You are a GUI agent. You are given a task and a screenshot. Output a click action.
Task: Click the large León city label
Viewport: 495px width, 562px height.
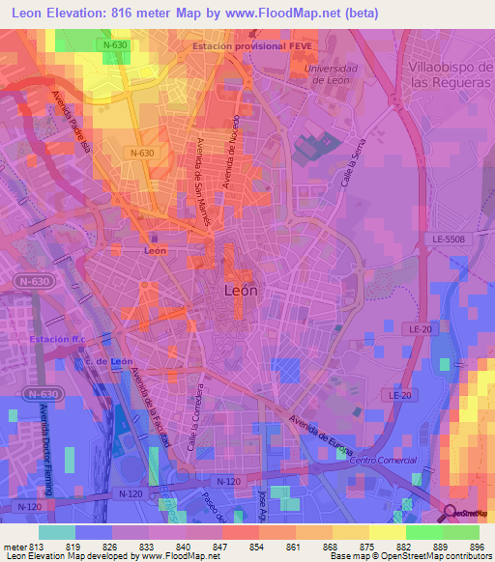pyautogui.click(x=241, y=289)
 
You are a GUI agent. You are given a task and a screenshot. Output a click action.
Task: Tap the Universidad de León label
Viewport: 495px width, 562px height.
pyautogui.click(x=331, y=74)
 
